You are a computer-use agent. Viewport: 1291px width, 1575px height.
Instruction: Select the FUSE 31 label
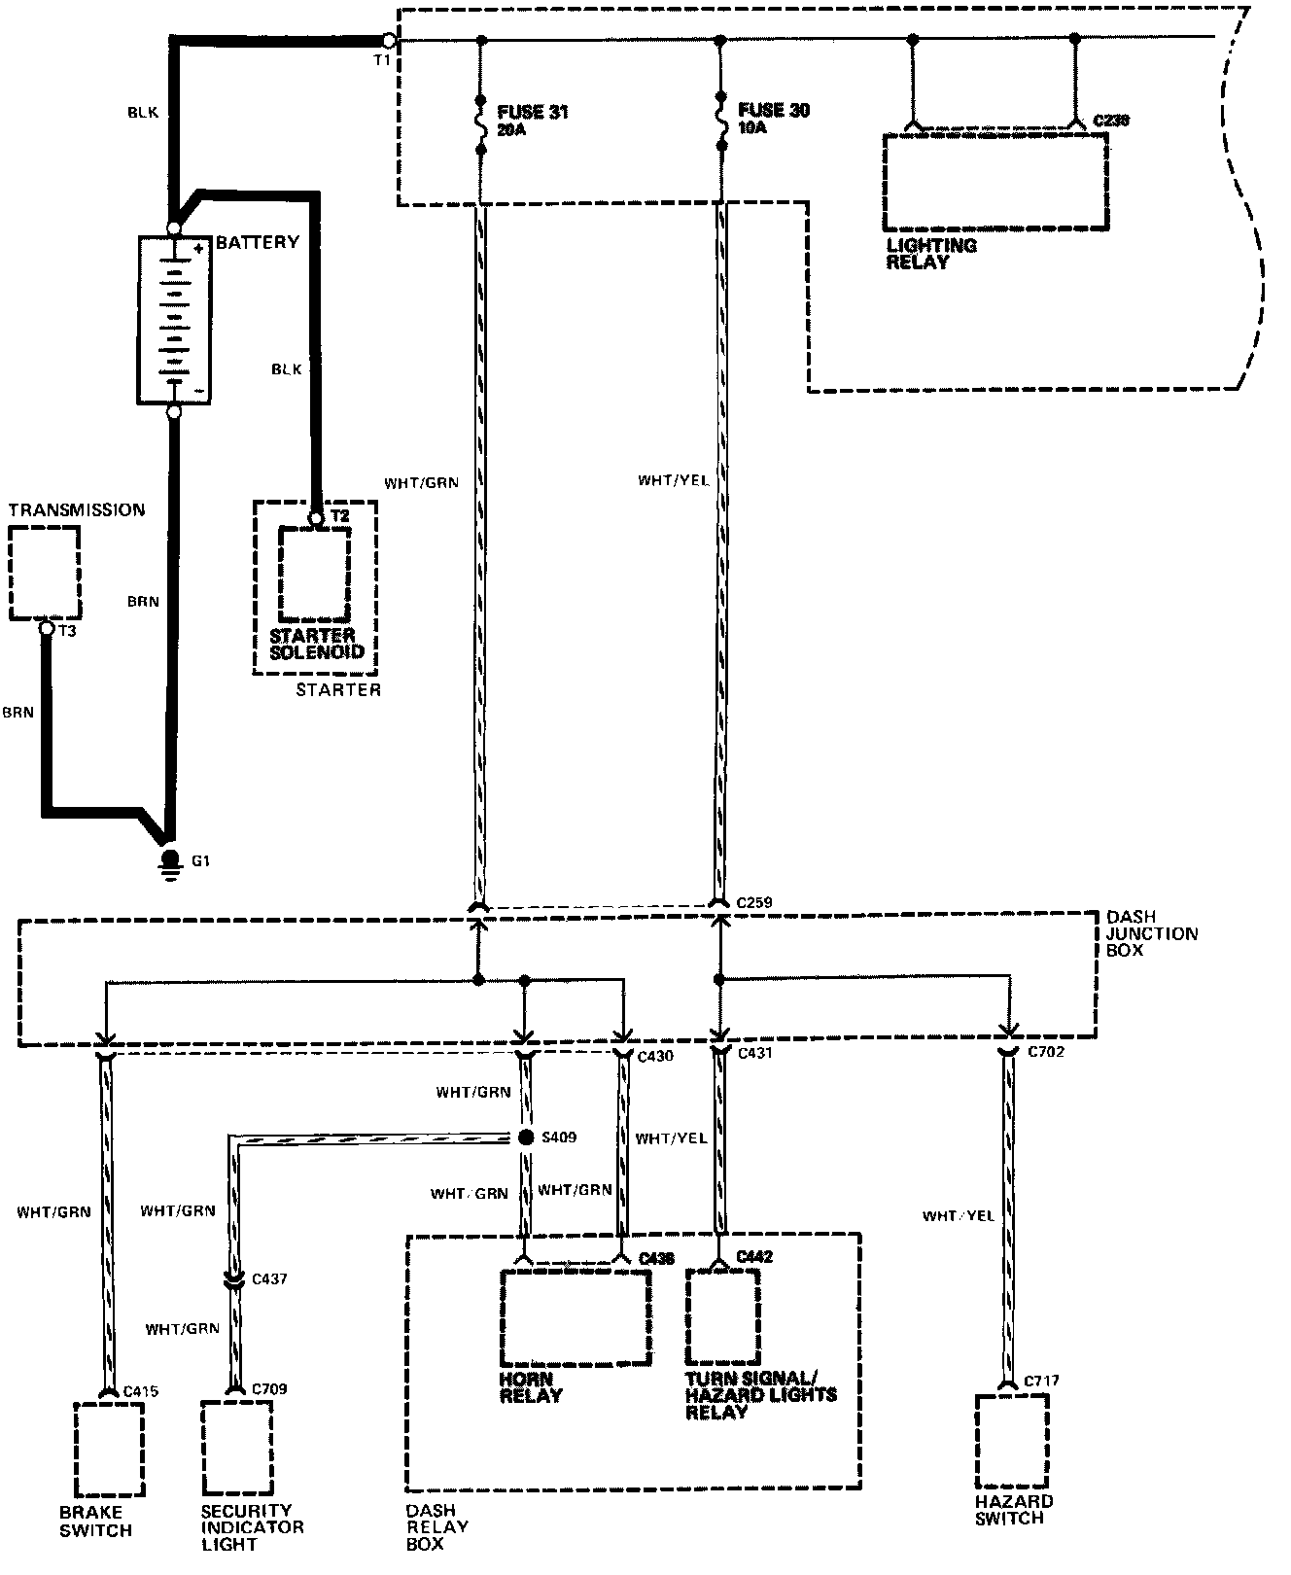pyautogui.click(x=532, y=112)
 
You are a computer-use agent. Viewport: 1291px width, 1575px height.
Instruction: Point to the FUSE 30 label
pyautogui.click(x=774, y=110)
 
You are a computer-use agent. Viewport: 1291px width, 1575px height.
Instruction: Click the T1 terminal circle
pyautogui.click(x=389, y=41)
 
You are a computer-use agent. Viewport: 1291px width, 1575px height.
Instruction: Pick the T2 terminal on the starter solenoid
pyautogui.click(x=316, y=519)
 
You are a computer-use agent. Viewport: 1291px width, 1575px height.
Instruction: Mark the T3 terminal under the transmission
pyautogui.click(x=46, y=629)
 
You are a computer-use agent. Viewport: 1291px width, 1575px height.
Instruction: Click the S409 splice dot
pyautogui.click(x=526, y=1137)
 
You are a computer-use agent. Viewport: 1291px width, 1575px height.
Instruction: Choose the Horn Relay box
pyautogui.click(x=576, y=1316)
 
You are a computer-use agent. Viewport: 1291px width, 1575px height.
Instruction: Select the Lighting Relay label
pyautogui.click(x=930, y=253)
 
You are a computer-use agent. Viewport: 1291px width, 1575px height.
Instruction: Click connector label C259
pyautogui.click(x=754, y=903)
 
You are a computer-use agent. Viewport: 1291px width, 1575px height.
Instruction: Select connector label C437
pyautogui.click(x=269, y=1279)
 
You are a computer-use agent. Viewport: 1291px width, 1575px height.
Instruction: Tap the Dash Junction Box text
pyautogui.click(x=1152, y=933)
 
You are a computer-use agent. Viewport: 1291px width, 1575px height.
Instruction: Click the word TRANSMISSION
pyautogui.click(x=77, y=509)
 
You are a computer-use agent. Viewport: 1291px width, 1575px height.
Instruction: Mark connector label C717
pyautogui.click(x=1041, y=1381)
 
